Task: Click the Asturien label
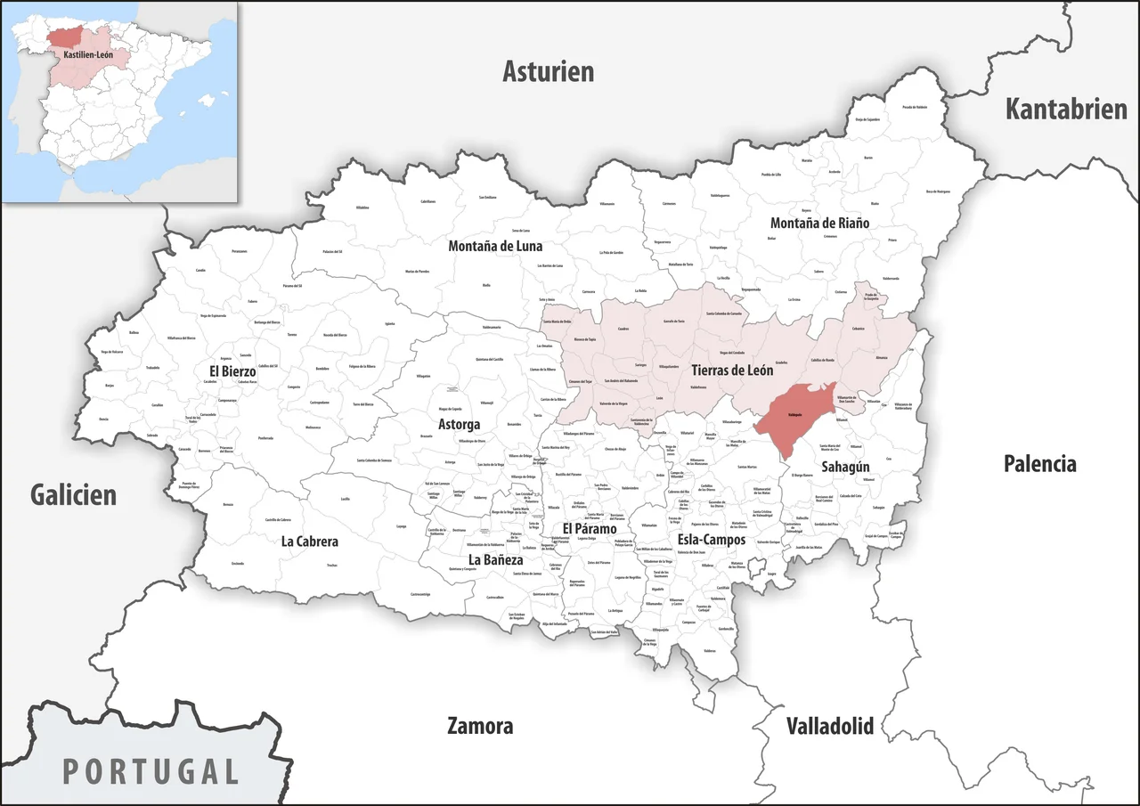click(548, 71)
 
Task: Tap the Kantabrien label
click(1066, 109)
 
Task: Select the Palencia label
click(1039, 463)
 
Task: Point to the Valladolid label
click(829, 725)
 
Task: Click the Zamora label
click(480, 726)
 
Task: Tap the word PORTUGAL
click(151, 770)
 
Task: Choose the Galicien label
click(73, 495)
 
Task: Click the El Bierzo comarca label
click(232, 370)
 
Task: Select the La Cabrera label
click(310, 541)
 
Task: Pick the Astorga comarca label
click(460, 425)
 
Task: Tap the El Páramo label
click(590, 529)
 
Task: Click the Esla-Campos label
click(711, 540)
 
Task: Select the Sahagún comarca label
click(845, 466)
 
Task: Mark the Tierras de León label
click(732, 370)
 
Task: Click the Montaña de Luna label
click(495, 246)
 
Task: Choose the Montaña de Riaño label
click(819, 223)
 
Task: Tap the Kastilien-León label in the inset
click(88, 54)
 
